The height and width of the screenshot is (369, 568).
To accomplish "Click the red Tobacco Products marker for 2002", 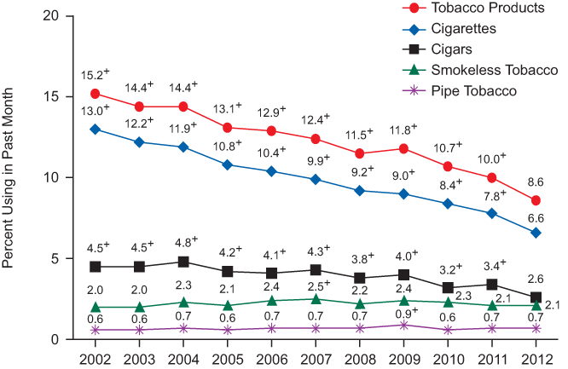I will click(95, 93).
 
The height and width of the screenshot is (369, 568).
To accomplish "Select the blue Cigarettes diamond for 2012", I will click(536, 233).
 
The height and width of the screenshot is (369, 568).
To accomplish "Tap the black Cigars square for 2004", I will click(183, 262).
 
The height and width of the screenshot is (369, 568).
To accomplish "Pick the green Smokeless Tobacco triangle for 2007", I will click(316, 299).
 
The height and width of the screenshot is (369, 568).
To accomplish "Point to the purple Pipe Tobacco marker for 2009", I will click(403, 325).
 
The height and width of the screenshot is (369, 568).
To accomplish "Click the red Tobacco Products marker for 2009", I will click(403, 148).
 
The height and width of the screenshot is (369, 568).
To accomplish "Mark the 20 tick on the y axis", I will click(52, 16).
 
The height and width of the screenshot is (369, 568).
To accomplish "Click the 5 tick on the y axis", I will click(55, 258).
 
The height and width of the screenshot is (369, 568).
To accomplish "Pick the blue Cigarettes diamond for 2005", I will click(227, 164).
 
